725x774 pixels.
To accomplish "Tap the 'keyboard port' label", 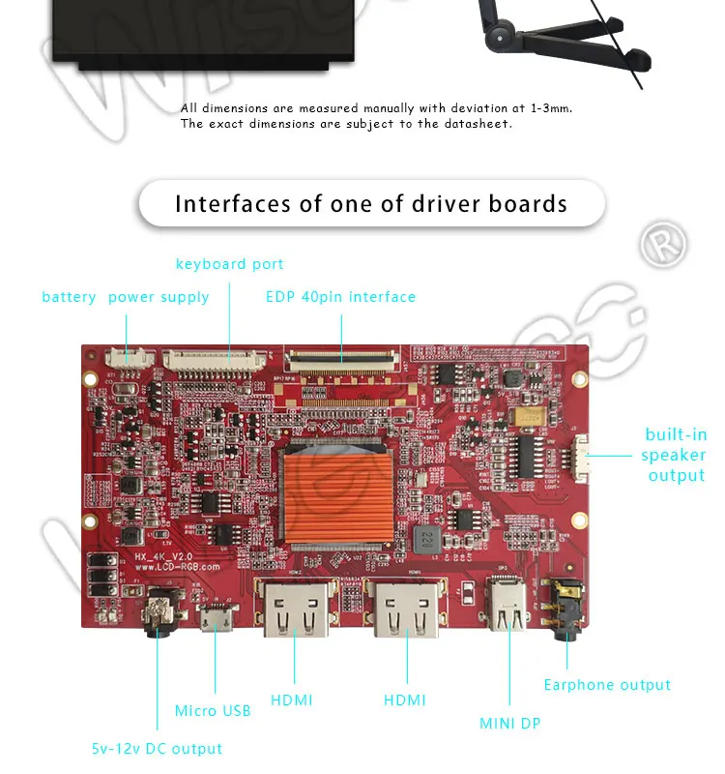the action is [x=229, y=264].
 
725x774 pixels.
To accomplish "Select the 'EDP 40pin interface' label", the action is [x=340, y=297].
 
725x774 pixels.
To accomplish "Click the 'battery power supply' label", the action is [x=126, y=297].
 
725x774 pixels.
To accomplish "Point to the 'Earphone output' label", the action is [x=607, y=685].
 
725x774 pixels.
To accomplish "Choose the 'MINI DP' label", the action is [x=510, y=723].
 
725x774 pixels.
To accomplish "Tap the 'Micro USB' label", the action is [x=213, y=711].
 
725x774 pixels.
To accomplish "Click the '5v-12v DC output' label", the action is [x=157, y=749].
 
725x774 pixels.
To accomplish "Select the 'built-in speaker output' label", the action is [x=676, y=455].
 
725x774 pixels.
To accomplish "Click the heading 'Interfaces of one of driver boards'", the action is [x=371, y=204].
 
